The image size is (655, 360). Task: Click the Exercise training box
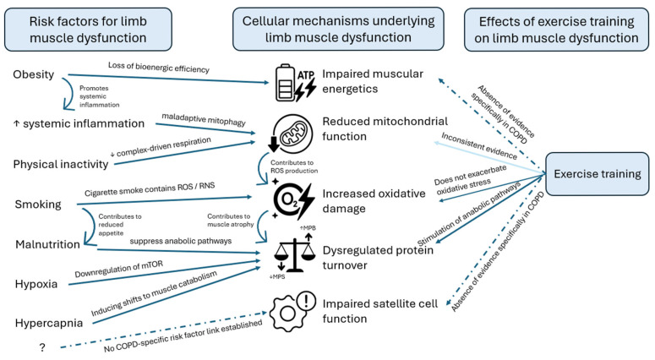pos(598,174)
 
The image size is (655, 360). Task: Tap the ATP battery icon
pos(295,83)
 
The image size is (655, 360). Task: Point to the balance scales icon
pos(294,252)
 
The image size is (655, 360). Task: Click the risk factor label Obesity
pos(34,74)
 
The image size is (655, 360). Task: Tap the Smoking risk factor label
pos(38,205)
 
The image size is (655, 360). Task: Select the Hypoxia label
pos(36,284)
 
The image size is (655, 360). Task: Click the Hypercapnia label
pos(49,323)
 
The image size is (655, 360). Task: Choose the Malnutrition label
pos(47,244)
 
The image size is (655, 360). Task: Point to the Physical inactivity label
pos(61,164)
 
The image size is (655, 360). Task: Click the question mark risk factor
pos(42,347)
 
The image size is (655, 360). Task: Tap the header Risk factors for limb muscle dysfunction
pos(88,30)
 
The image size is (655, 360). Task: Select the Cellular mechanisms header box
pos(338,29)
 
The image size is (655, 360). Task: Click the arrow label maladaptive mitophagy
pos(204,119)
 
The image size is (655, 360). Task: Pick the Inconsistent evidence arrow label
pos(479,146)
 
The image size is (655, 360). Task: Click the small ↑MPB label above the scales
pos(308,228)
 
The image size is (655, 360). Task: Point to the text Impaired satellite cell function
pos(379,311)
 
